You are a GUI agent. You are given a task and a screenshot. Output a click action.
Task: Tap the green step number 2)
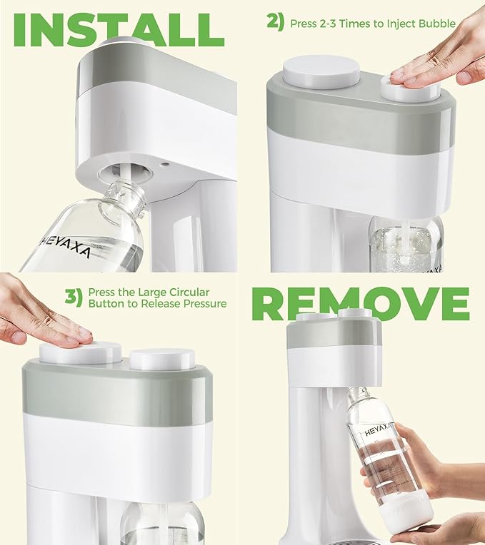point(276,22)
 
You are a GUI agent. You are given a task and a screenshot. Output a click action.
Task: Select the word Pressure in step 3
point(203,304)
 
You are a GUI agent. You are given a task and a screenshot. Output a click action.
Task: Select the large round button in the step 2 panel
point(321,72)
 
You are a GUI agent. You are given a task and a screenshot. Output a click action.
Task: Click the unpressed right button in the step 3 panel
point(163,359)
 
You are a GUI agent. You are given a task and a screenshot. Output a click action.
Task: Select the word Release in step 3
point(161,304)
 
